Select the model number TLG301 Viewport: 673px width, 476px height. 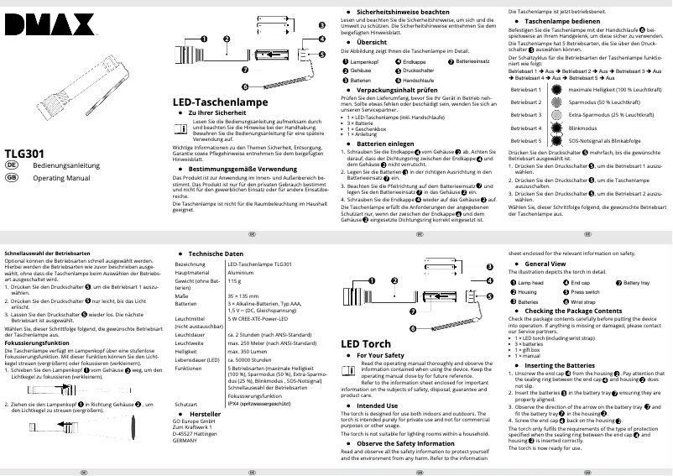click(24, 154)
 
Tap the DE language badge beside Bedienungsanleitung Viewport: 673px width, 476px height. click(12, 167)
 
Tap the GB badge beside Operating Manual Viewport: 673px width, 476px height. click(12, 179)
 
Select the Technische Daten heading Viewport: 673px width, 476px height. click(216, 254)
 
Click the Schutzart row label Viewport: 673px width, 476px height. click(185, 404)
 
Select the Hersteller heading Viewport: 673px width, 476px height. click(206, 415)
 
